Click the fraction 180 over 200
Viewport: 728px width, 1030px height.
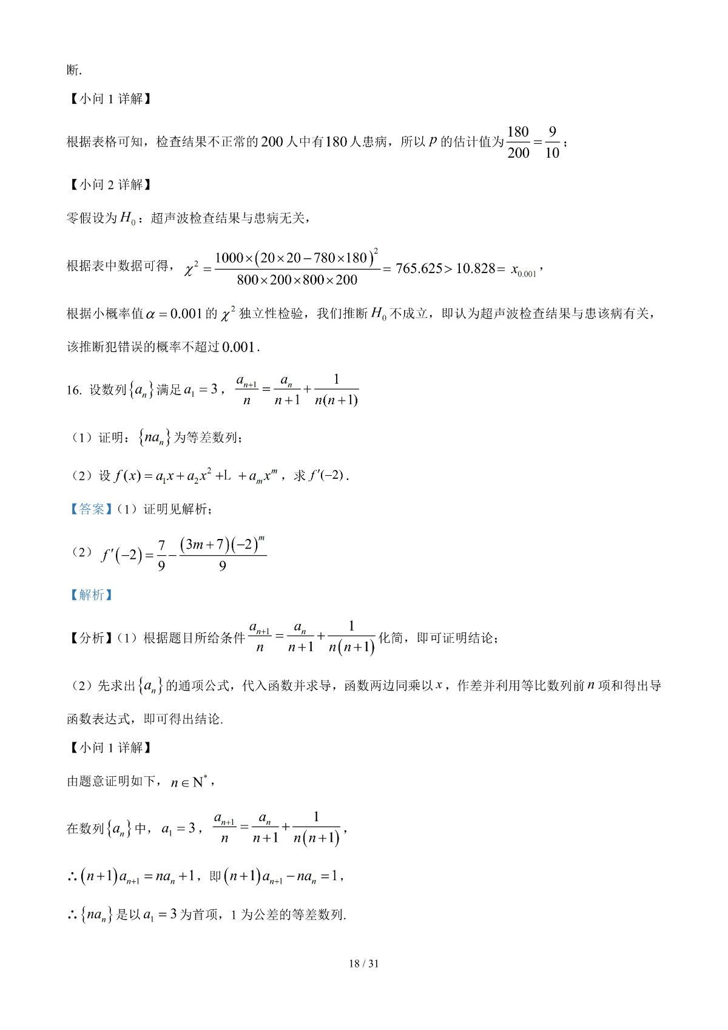pyautogui.click(x=518, y=142)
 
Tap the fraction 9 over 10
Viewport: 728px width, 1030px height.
pyautogui.click(x=552, y=142)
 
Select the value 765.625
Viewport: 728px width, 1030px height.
pyautogui.click(x=419, y=269)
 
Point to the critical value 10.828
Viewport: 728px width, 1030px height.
pyautogui.click(x=476, y=269)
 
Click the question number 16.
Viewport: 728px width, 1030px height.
pyautogui.click(x=74, y=390)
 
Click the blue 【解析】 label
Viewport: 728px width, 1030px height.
pyautogui.click(x=91, y=595)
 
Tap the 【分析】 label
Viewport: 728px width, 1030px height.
pyautogui.click(x=91, y=638)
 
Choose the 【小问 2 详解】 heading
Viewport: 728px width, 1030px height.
pyautogui.click(x=109, y=185)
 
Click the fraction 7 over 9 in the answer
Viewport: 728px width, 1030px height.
pyautogui.click(x=161, y=555)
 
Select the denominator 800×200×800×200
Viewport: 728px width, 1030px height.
pyautogui.click(x=297, y=280)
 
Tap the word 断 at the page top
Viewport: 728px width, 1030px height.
pyautogui.click(x=73, y=70)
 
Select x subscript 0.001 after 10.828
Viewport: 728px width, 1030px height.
pyautogui.click(x=524, y=271)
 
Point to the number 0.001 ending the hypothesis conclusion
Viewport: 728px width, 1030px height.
pyautogui.click(x=239, y=347)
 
